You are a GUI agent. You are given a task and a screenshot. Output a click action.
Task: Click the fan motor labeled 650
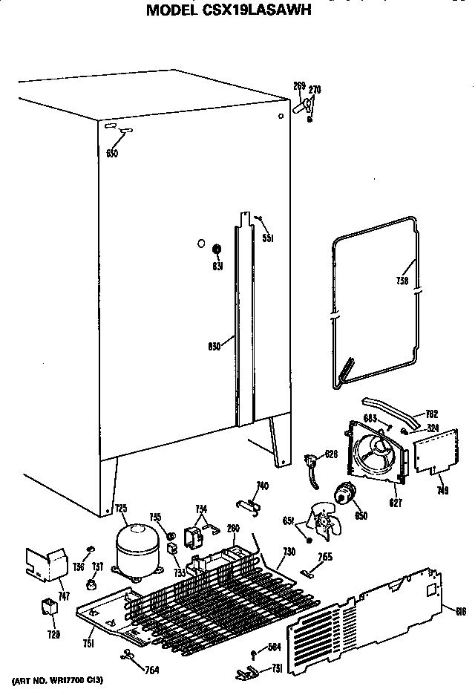tap(344, 493)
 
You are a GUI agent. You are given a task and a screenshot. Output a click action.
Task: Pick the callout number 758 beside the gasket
tap(404, 281)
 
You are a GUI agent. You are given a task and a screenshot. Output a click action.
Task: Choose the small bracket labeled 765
tap(309, 572)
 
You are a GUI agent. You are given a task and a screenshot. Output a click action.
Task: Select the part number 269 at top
tap(299, 87)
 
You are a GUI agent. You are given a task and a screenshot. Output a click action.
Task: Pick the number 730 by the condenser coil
tap(289, 553)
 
